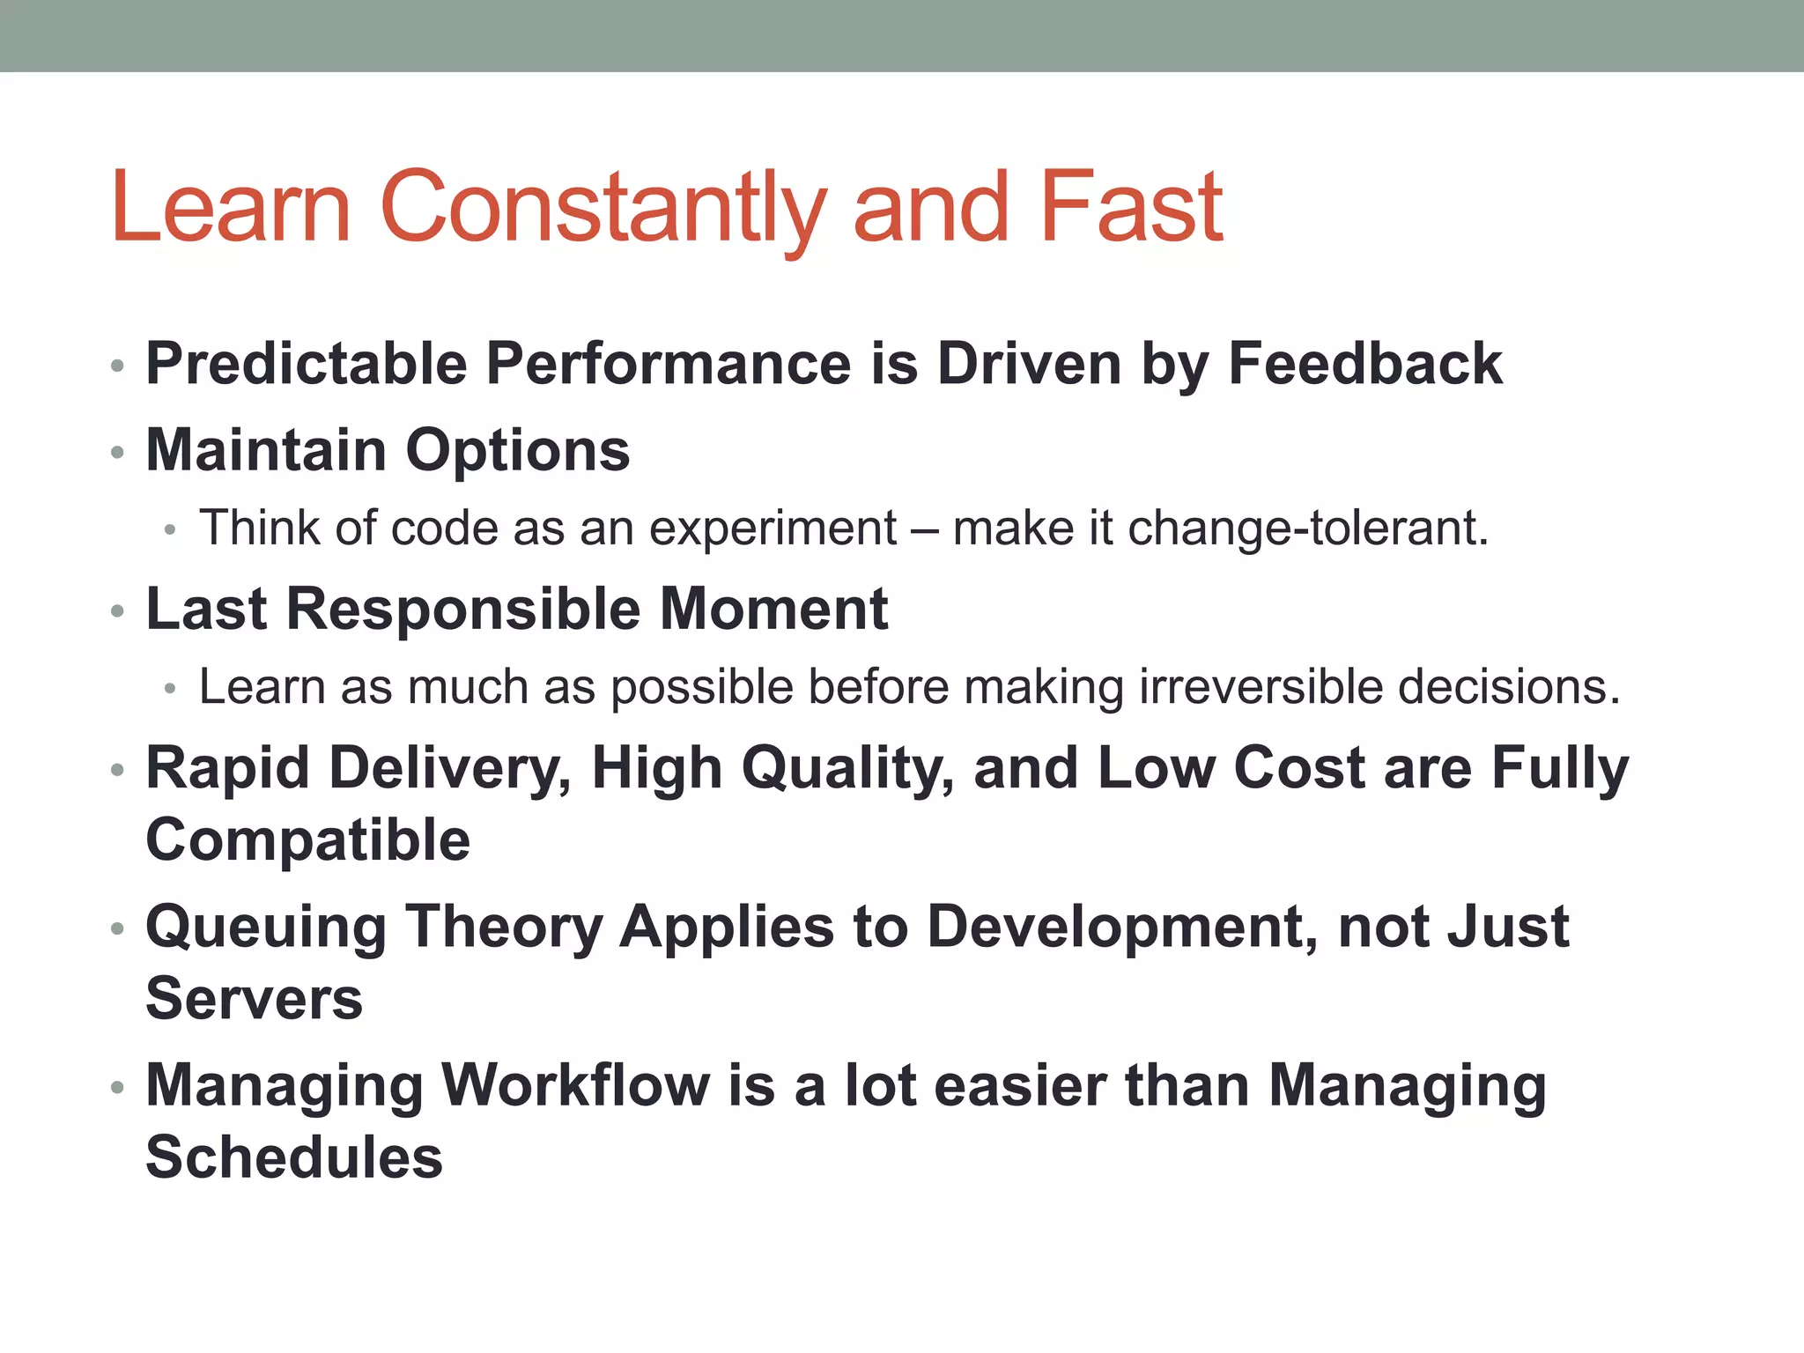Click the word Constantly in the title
tap(603, 208)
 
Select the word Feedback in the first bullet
tap(1364, 364)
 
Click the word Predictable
tap(306, 364)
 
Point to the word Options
tap(517, 451)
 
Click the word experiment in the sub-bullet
tap(773, 529)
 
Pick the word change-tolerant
tap(1307, 529)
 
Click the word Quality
tap(847, 769)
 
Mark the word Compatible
tap(307, 840)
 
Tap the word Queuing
tap(266, 928)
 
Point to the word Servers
tap(254, 999)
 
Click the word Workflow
tap(575, 1085)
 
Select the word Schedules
tap(294, 1157)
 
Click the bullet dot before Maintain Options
tap(118, 453)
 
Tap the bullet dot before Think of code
tap(171, 530)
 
